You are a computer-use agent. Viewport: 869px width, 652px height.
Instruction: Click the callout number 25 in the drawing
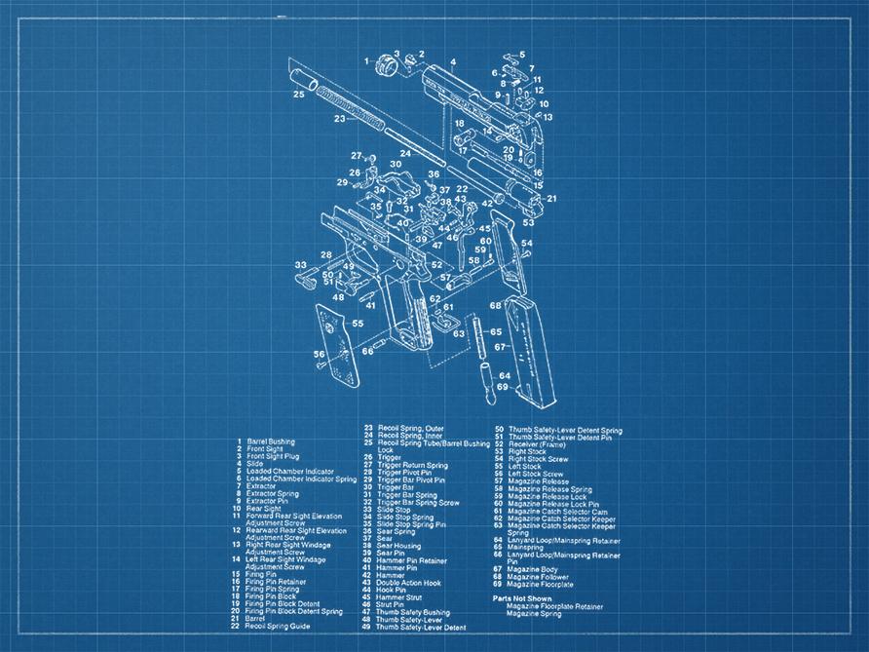(299, 95)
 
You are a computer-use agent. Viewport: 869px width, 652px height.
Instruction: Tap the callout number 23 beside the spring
(338, 119)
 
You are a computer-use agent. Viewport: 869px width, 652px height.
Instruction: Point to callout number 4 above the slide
(453, 62)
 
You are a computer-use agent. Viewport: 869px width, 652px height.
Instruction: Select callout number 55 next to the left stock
(358, 323)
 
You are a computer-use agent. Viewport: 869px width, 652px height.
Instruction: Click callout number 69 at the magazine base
(503, 387)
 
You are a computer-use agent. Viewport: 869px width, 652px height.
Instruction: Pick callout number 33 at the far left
(300, 264)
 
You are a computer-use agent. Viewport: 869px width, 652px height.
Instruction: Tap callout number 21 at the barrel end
(550, 198)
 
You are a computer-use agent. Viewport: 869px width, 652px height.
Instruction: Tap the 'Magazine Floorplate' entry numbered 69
(540, 585)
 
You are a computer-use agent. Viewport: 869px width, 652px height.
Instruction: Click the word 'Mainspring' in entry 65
(525, 547)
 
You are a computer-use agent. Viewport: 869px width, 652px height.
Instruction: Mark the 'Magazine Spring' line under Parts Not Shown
(534, 614)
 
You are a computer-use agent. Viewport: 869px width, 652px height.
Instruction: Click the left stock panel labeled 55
(338, 343)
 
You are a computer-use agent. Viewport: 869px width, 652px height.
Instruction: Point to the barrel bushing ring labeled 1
(383, 65)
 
